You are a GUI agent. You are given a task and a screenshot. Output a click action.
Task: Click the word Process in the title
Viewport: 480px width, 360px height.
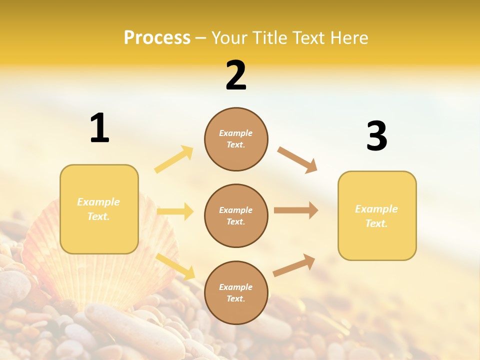coord(157,37)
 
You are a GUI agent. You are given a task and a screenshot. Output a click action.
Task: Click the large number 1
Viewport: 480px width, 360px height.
coord(99,128)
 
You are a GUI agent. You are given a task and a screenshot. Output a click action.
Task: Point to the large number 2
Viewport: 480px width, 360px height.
coord(236,75)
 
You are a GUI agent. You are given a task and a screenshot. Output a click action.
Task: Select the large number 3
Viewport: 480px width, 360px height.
coord(376,136)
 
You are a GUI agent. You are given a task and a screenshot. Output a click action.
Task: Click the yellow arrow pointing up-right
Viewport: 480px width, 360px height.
coord(174,159)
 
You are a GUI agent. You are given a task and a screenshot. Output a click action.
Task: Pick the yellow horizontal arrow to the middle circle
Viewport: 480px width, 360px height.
coord(175,211)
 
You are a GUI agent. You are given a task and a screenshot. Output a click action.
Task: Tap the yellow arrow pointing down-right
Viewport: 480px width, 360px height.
coord(175,266)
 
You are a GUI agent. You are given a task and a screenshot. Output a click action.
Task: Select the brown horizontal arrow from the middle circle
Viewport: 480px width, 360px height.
coord(296,210)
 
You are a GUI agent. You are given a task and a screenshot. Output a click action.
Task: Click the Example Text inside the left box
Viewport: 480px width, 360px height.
coord(98,209)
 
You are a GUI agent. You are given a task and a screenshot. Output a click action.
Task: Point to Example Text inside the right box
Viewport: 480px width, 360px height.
coord(376,216)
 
